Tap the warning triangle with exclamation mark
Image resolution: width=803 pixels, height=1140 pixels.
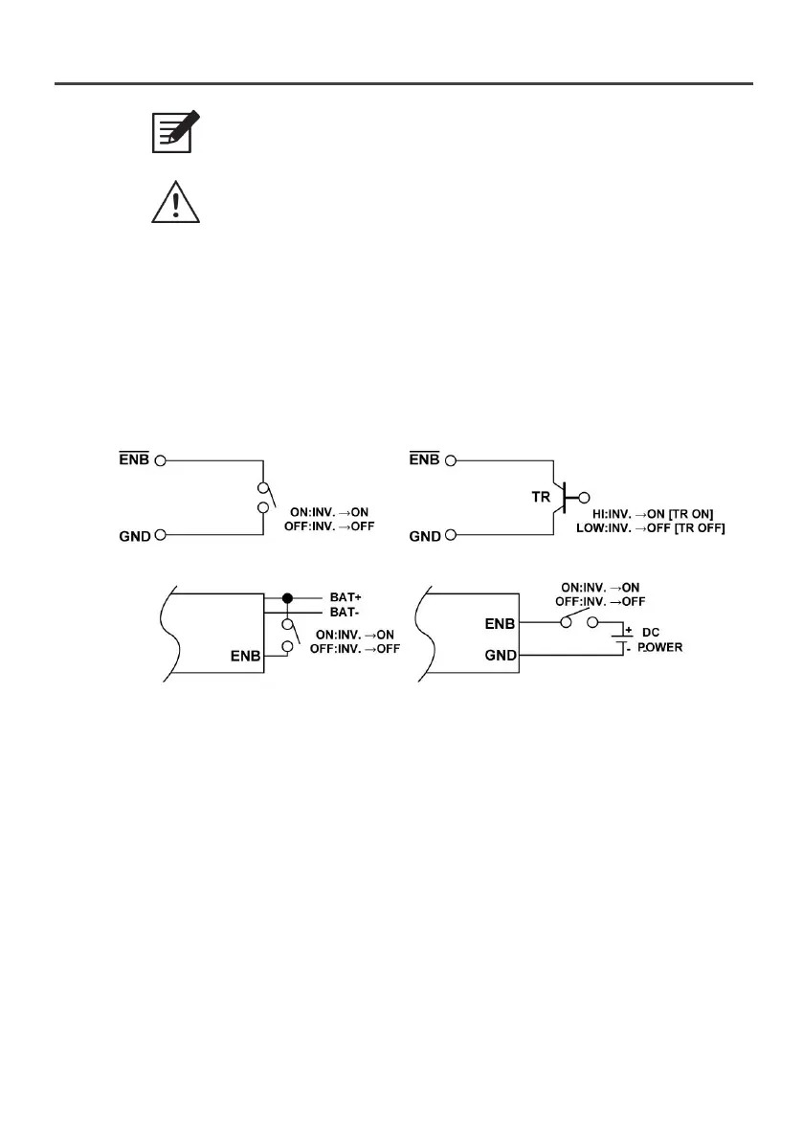click(x=176, y=202)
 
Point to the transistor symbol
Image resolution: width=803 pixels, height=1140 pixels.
click(x=565, y=497)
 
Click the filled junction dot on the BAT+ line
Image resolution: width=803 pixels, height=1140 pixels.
click(x=286, y=597)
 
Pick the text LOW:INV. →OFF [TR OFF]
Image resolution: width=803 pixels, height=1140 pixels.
click(x=651, y=528)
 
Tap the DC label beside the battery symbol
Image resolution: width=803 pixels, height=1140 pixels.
click(x=650, y=633)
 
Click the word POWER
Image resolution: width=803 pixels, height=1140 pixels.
click(x=661, y=648)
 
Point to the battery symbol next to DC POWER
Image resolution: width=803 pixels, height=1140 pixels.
click(x=622, y=639)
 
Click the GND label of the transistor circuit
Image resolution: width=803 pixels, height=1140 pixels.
click(x=424, y=536)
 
